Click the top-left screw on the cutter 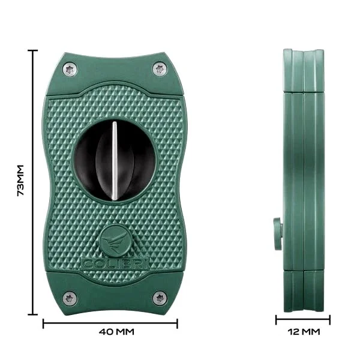tap(70, 69)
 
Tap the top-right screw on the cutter tap(160, 68)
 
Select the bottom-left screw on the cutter tap(70, 298)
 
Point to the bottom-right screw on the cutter tap(160, 298)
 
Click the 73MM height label tap(20, 180)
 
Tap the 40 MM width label tap(116, 332)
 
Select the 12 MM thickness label tap(304, 332)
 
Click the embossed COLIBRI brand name tap(115, 264)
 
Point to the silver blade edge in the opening tap(114, 161)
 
